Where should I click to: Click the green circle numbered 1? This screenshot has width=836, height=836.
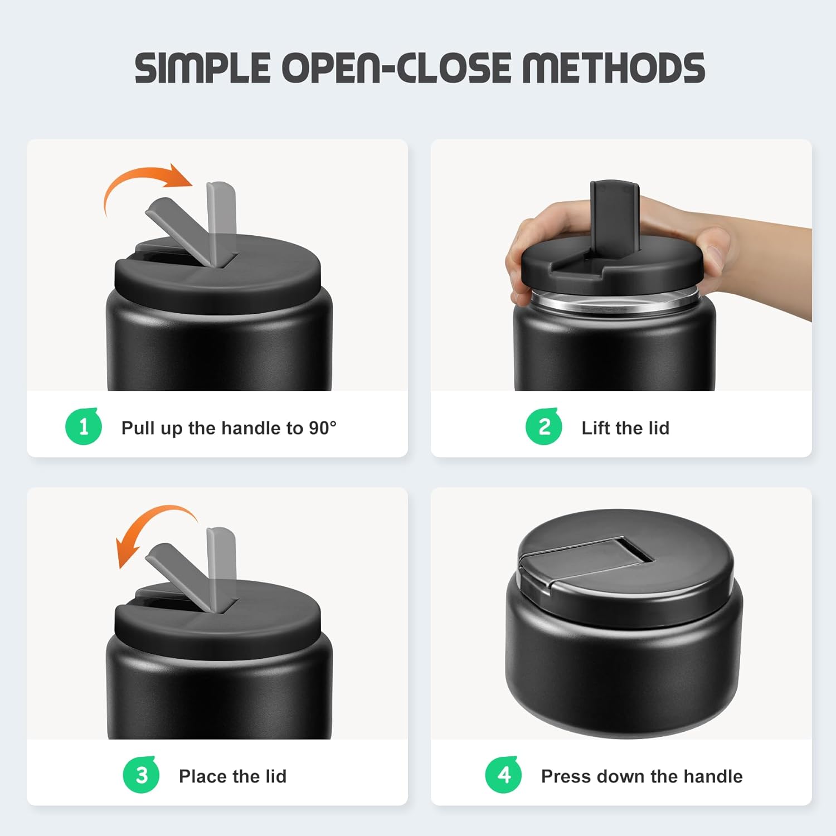point(84,427)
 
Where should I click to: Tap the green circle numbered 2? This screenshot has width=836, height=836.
point(544,427)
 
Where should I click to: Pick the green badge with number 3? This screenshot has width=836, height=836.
point(142,775)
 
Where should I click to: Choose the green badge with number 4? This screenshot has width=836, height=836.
point(504,775)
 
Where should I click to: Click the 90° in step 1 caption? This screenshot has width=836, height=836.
point(323,428)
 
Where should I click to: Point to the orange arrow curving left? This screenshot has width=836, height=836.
point(150,527)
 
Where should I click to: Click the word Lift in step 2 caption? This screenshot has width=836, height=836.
point(595,428)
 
